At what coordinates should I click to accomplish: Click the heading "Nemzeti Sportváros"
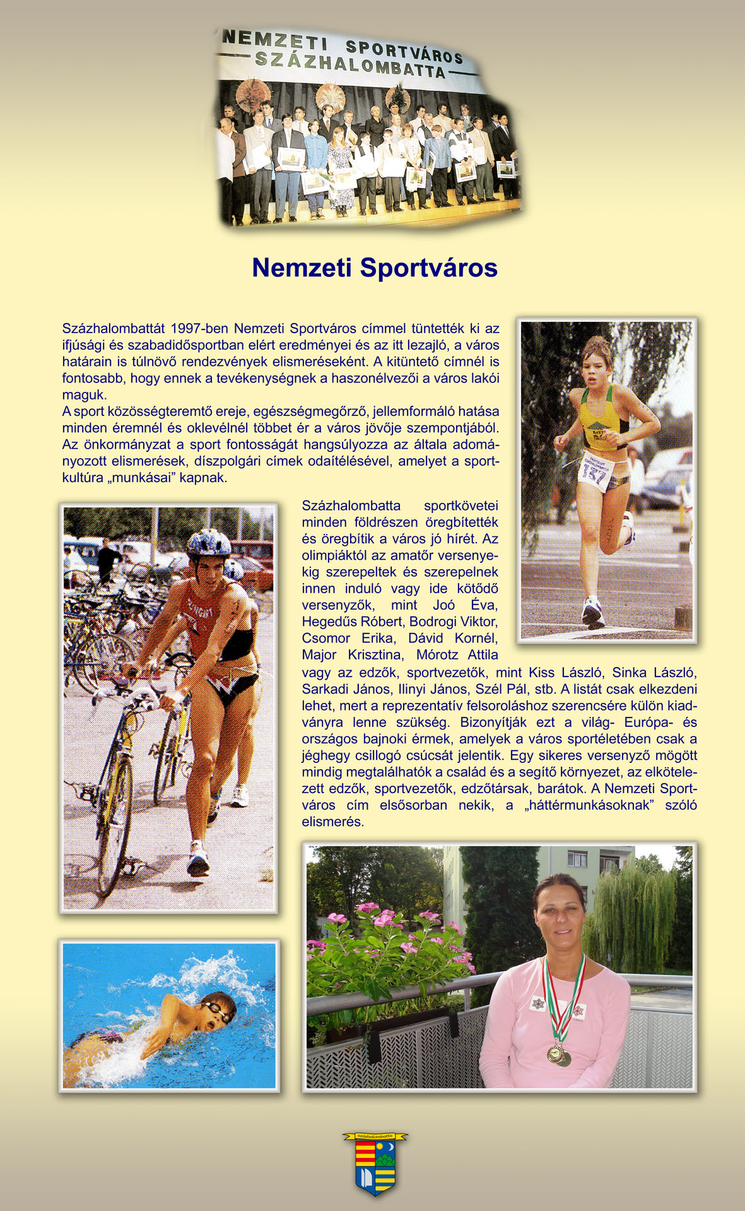pos(375,268)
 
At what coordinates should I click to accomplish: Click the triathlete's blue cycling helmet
pos(209,543)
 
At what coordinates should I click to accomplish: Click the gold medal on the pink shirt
pos(556,1053)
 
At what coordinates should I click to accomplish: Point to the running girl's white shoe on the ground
pos(592,613)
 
